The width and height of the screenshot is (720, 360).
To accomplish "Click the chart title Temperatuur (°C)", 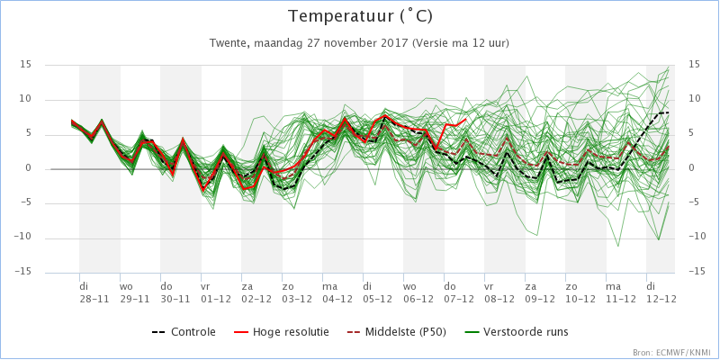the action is pyautogui.click(x=361, y=16).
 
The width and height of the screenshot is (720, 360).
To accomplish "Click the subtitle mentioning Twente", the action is pyautogui.click(x=359, y=43).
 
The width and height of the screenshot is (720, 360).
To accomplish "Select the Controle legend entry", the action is pyautogui.click(x=184, y=331).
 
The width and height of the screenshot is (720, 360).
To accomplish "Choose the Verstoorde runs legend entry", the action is pyautogui.click(x=516, y=331).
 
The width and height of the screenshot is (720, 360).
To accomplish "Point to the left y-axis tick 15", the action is pyautogui.click(x=26, y=66).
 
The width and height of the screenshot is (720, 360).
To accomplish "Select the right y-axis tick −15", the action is pyautogui.click(x=698, y=273).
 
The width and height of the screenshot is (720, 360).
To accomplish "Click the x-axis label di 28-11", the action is pyautogui.click(x=94, y=292).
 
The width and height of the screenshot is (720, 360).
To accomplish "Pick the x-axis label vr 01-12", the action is pyautogui.click(x=216, y=292).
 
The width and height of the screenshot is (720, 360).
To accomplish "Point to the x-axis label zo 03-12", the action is pyautogui.click(x=297, y=292).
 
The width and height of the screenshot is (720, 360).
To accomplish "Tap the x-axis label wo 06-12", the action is pyautogui.click(x=418, y=292).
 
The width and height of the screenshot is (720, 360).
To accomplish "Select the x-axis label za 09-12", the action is pyautogui.click(x=540, y=292).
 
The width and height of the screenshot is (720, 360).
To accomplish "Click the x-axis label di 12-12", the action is pyautogui.click(x=661, y=292).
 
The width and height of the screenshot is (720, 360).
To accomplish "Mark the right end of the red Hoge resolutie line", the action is pyautogui.click(x=466, y=119).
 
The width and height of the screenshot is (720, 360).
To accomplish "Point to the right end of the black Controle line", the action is pyautogui.click(x=669, y=112).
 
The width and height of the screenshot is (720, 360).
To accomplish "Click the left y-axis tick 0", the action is pyautogui.click(x=29, y=169).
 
